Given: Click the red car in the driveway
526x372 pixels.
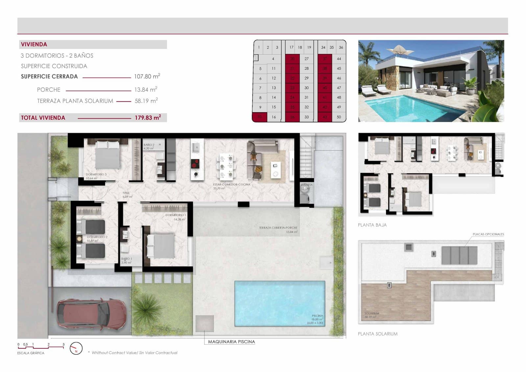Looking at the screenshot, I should point(91,312).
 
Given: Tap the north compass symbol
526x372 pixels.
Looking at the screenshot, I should point(76,348).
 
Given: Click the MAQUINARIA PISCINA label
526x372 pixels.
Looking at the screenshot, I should point(231,342).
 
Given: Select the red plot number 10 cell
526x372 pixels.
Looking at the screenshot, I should point(259,117).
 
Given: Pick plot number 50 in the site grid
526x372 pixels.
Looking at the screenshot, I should point(339,117).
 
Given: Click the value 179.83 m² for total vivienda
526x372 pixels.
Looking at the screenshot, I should point(148,118).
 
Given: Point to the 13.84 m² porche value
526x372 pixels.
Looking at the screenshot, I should point(146,89).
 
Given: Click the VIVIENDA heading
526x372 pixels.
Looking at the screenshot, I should point(34,44).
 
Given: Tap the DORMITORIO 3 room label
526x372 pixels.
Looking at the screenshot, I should point(96,174).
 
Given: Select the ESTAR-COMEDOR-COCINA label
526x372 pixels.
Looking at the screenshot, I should point(231,185).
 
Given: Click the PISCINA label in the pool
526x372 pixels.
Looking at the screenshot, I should point(317,316).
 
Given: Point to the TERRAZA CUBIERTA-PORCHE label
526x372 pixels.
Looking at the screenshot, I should point(278,228).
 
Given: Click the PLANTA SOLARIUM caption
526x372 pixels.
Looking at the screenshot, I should point(377,334).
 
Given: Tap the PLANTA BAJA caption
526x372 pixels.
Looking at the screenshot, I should point(372,225).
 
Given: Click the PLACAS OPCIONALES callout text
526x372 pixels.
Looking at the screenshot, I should point(488,234).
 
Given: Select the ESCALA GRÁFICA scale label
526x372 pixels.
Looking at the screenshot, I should point(31,353).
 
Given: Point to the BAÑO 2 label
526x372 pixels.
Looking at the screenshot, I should point(149,145).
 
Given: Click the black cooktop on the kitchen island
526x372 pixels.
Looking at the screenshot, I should point(195,163).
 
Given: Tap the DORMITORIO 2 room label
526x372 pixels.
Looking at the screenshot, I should point(97,237).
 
